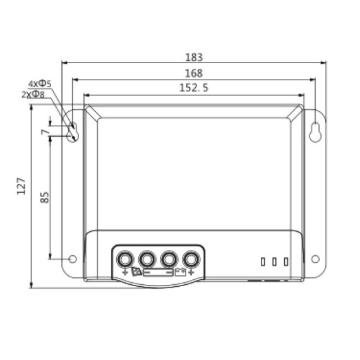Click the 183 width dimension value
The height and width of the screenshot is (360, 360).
[x=194, y=57]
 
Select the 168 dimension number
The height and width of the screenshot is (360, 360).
[x=194, y=73]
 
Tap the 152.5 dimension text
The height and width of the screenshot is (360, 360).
[x=194, y=88]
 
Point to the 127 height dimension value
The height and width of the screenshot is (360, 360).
[x=21, y=186]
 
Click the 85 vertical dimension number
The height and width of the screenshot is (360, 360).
[x=45, y=198]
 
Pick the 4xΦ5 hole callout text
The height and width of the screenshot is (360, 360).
[x=40, y=83]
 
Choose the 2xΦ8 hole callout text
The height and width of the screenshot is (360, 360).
[x=33, y=94]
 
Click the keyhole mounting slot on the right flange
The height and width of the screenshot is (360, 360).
[x=315, y=132]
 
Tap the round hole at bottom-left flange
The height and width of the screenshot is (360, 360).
[x=73, y=259]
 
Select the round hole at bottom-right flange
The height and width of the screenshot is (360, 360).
[x=315, y=259]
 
